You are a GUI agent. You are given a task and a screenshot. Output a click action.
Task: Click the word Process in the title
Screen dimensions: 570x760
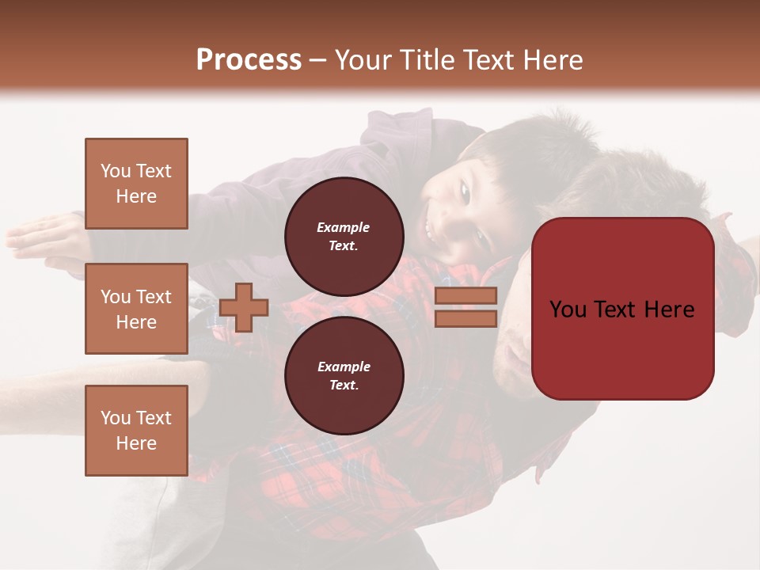coord(249,60)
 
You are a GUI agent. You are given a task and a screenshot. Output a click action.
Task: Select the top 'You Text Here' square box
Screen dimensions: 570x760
coord(136,184)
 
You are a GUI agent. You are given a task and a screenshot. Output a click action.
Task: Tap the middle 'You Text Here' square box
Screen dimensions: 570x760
coord(136,309)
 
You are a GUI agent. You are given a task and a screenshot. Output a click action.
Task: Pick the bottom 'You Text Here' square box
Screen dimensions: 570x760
coord(136,431)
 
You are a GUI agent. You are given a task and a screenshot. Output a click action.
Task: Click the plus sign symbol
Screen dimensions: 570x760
coord(244,307)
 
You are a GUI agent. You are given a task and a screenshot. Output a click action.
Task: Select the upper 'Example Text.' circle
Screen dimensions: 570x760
coord(344,237)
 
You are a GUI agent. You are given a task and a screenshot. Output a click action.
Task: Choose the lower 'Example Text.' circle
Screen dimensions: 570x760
coord(344,376)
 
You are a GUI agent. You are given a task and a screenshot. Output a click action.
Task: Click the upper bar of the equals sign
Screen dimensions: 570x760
coord(465,295)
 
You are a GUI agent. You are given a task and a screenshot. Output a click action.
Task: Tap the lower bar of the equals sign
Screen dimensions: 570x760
coord(465,319)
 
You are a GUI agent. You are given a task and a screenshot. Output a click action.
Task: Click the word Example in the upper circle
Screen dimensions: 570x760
coord(344,227)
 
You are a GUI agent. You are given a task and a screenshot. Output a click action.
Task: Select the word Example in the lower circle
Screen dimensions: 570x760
coord(344,367)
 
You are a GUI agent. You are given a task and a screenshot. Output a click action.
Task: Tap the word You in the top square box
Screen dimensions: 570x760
coord(116,171)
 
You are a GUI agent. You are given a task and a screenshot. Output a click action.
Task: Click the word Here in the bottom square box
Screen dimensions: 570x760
coord(136,443)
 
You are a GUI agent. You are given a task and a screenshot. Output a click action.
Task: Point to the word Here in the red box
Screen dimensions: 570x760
coord(670,310)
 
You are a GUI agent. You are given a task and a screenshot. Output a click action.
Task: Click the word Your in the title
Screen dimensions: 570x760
coord(363,60)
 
